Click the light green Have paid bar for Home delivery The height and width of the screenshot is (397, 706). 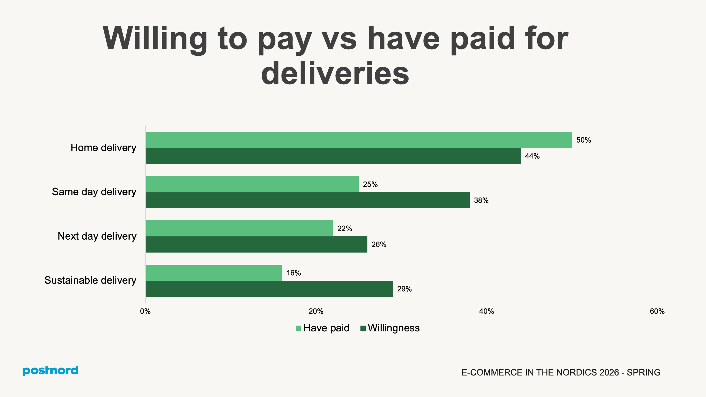click(359, 140)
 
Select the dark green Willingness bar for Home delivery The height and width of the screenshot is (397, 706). click(333, 156)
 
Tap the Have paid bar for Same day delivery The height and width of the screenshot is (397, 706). click(252, 184)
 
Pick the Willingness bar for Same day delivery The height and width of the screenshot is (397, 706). click(307, 200)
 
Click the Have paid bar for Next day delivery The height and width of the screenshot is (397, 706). click(239, 228)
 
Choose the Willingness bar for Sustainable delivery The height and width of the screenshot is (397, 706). click(269, 289)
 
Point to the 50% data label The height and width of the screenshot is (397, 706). click(584, 140)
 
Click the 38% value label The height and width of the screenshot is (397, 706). click(481, 200)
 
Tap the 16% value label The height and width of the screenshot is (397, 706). click(293, 273)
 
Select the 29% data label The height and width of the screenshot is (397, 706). click(404, 289)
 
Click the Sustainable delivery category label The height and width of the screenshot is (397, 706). click(90, 280)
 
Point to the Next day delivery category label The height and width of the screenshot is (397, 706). click(97, 236)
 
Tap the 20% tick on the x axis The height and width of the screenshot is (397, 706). click(316, 311)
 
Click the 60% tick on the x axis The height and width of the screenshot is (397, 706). click(657, 311)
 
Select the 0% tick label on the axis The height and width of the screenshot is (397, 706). click(145, 311)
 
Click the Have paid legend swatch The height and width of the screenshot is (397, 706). click(298, 328)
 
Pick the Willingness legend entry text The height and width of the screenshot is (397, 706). click(394, 328)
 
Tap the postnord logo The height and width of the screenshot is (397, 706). click(50, 371)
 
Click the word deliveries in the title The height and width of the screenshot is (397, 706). click(335, 73)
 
